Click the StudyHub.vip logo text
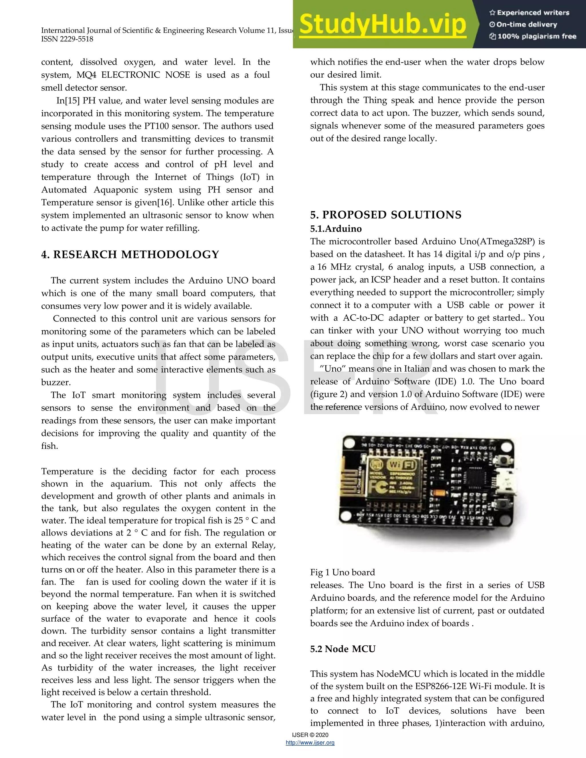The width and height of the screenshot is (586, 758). pyautogui.click(x=383, y=24)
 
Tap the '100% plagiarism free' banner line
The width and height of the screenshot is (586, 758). pyautogui.click(x=533, y=36)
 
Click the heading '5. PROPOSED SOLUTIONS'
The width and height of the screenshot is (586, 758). pyautogui.click(x=386, y=215)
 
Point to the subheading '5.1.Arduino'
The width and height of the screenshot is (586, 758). pyautogui.click(x=336, y=229)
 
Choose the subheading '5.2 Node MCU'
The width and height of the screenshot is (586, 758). pyautogui.click(x=343, y=649)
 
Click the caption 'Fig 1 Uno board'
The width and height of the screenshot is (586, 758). pyautogui.click(x=342, y=572)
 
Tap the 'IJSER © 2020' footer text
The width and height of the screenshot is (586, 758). pyautogui.click(x=310, y=735)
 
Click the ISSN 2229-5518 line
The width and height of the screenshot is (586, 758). pyautogui.click(x=67, y=39)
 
